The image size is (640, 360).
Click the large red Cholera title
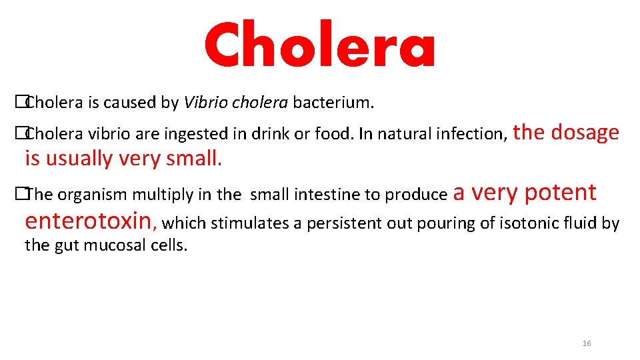coord(319,45)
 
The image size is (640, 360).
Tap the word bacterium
coord(333,103)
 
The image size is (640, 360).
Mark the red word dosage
coord(585,133)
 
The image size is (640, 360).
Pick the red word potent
coord(560,193)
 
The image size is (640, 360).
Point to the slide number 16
coord(587,343)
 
